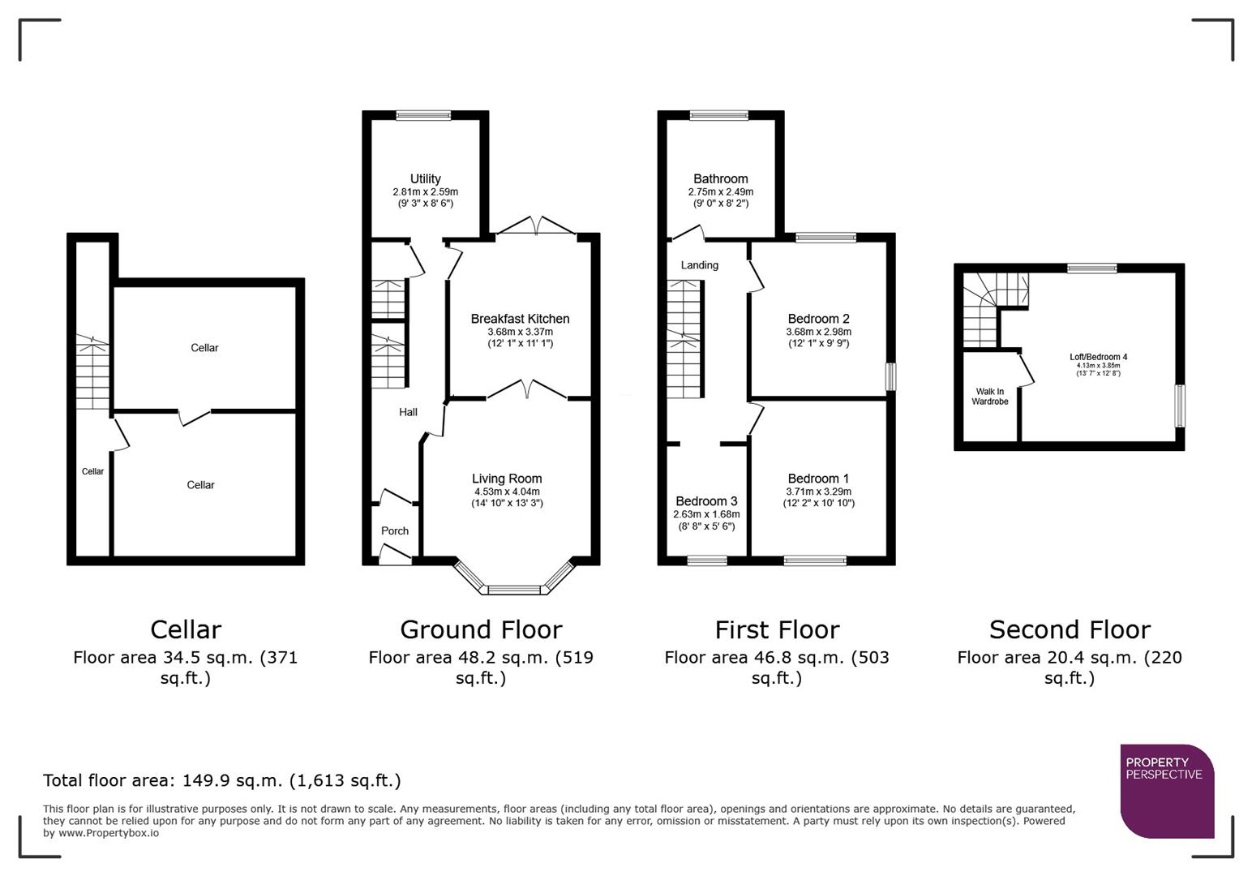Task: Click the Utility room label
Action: coord(425,179)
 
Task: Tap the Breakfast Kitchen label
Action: coord(520,319)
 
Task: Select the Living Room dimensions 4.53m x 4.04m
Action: coord(507,492)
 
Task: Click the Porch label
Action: coord(395,530)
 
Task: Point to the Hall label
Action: coord(408,412)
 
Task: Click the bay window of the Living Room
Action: coord(513,588)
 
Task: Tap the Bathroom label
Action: coord(720,179)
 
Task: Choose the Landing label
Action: coord(699,265)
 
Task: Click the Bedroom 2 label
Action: coord(818,319)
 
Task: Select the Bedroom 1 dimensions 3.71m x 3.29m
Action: coord(818,492)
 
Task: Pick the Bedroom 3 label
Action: coord(706,501)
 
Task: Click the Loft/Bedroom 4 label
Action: coord(1098,357)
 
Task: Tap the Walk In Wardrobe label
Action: coord(989,397)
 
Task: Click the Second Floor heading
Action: coord(1069,629)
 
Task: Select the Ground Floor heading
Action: coord(480,629)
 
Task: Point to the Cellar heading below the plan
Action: coord(185,629)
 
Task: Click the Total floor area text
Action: coord(221,780)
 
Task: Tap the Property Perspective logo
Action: coord(1166,791)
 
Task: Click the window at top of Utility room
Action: coord(423,115)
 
